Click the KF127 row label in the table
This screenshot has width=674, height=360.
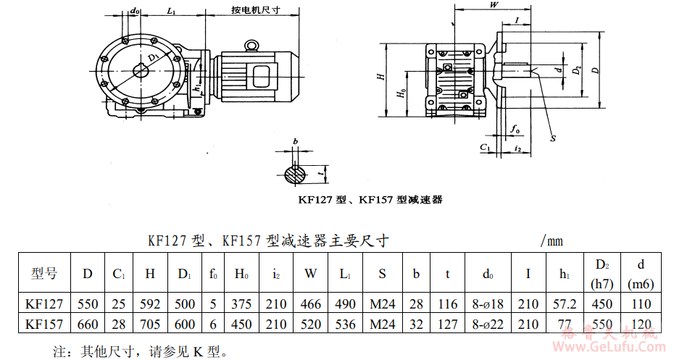pos(44,304)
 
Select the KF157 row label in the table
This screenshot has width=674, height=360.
pos(44,324)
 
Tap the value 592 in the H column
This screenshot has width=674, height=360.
pos(150,304)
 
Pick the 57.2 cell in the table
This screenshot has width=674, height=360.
pos(568,304)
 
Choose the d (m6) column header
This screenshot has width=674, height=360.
pos(641,274)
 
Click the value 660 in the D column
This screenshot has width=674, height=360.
pos(88,324)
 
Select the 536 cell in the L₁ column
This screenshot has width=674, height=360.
pos(345,324)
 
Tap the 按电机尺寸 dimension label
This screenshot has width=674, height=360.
pos(256,12)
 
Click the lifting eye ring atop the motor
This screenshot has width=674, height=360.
pos(251,47)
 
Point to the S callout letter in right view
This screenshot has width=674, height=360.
pos(553,137)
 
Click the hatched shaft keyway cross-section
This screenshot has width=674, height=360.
pos(295,174)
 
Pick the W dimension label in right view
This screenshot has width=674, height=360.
pos(494,5)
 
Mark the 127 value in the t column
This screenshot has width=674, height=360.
pos(448,324)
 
